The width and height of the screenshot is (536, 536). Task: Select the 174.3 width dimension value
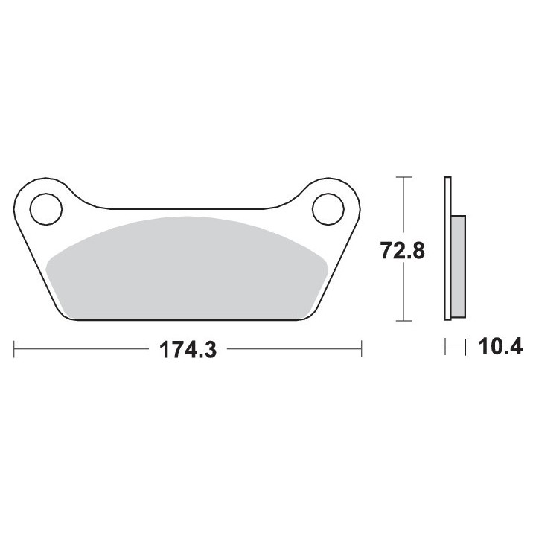pyautogui.click(x=188, y=350)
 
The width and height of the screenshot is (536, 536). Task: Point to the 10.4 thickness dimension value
pyautogui.click(x=500, y=347)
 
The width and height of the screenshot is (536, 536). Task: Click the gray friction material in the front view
pyautogui.click(x=187, y=270)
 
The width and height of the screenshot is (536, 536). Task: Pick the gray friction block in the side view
pyautogui.click(x=459, y=267)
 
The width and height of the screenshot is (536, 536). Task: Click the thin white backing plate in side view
pyautogui.click(x=447, y=249)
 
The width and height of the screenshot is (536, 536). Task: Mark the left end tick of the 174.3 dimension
pyautogui.click(x=14, y=349)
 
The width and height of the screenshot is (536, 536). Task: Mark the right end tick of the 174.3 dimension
pyautogui.click(x=361, y=349)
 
